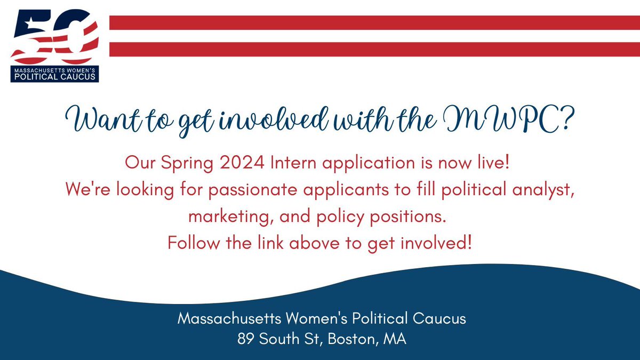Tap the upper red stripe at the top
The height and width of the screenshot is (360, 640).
pos(373,22)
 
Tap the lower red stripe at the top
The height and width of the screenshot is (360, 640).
pos(373,49)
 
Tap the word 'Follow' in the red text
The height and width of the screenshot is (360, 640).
pos(191,244)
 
